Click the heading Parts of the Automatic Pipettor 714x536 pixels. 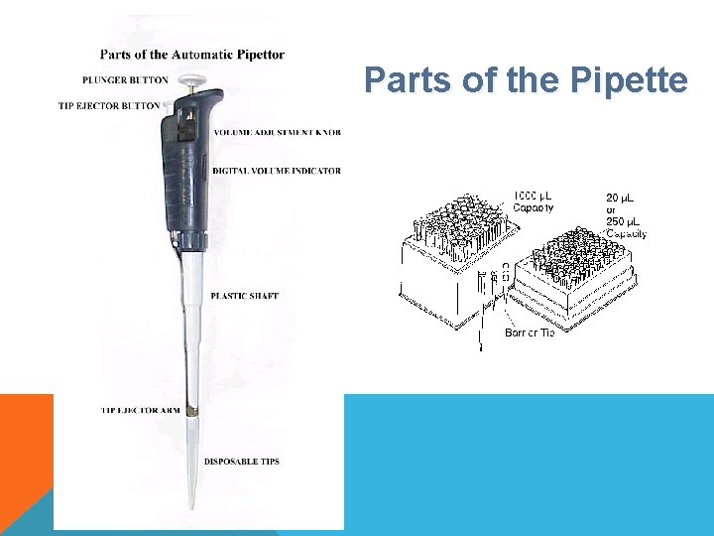[191, 55]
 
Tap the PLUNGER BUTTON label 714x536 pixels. [126, 79]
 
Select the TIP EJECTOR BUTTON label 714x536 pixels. [110, 105]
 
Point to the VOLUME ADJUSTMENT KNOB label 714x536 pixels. [277, 132]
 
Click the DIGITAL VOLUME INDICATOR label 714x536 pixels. [277, 171]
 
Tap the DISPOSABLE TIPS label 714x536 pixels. [242, 462]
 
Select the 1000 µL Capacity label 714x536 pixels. [533, 201]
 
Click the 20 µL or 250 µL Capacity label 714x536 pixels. [626, 215]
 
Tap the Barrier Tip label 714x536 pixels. [529, 334]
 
